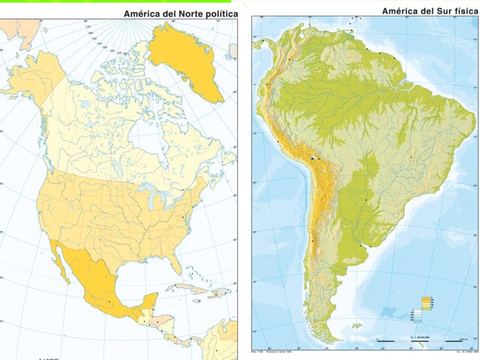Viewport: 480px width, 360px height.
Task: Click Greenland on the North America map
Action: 187,60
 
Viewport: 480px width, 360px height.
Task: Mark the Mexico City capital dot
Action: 109,301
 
